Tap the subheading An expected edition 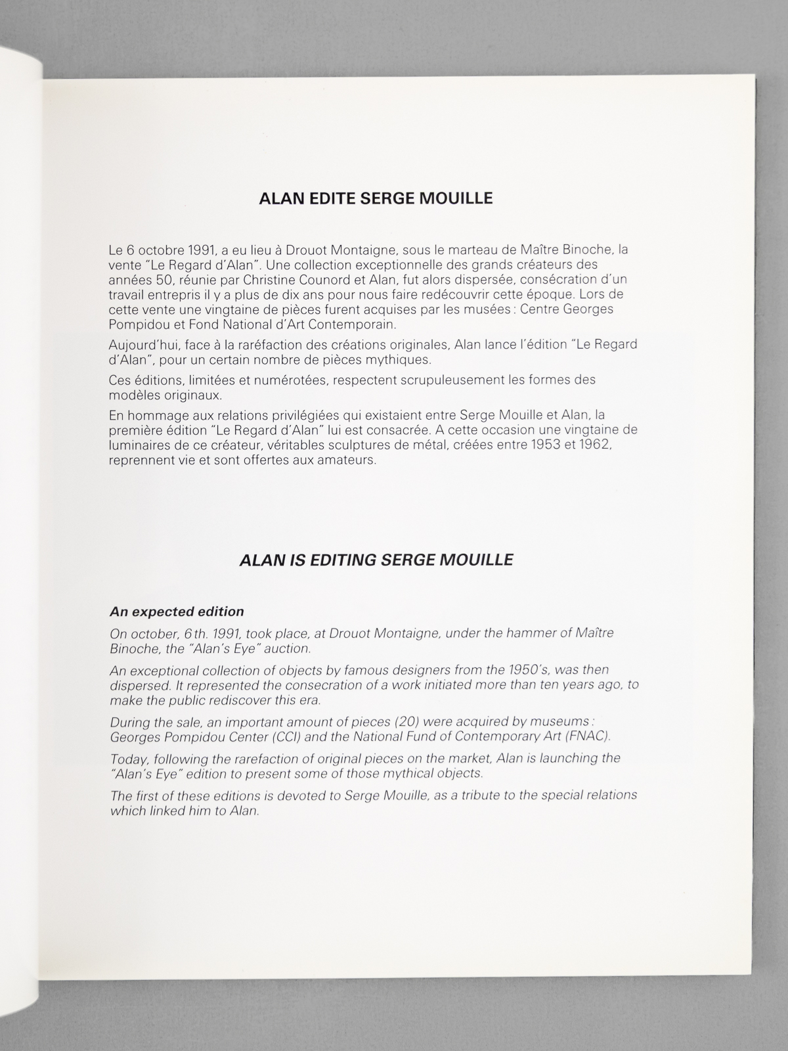click(177, 612)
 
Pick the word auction click(287, 648)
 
